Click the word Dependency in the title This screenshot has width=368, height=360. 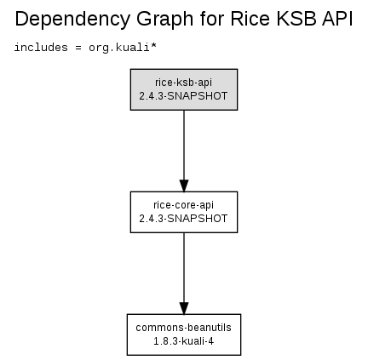click(x=72, y=20)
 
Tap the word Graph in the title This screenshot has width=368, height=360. click(x=165, y=20)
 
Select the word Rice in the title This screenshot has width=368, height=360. click(x=250, y=19)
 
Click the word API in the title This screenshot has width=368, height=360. click(x=337, y=19)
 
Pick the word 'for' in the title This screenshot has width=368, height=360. click(x=211, y=19)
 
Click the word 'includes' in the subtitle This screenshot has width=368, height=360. click(x=41, y=47)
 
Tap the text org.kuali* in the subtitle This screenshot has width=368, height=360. click(x=123, y=48)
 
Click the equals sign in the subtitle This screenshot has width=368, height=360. click(x=78, y=48)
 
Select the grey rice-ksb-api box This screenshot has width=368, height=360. click(x=184, y=89)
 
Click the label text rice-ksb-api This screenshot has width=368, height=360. click(x=183, y=83)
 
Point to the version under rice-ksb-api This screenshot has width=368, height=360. click(x=183, y=96)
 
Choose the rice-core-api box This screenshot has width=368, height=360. click(x=184, y=212)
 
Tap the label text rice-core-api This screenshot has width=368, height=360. click(x=183, y=205)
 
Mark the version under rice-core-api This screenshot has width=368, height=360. click(x=183, y=219)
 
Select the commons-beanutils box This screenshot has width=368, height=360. click(x=184, y=334)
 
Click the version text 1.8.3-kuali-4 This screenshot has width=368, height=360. click(x=183, y=341)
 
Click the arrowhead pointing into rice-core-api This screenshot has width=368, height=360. click(x=184, y=186)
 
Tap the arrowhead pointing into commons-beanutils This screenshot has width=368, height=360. click(x=184, y=308)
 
